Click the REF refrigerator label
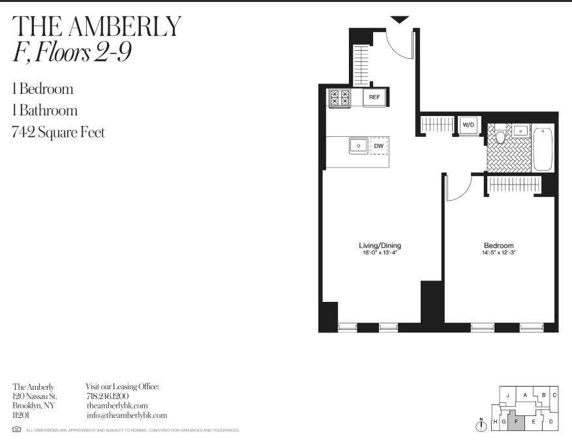click(x=374, y=98)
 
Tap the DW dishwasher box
click(x=378, y=146)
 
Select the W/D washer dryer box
click(x=468, y=124)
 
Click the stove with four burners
click(x=339, y=98)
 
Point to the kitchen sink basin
click(x=357, y=145)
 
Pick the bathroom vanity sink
click(x=520, y=130)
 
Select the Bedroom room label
click(x=499, y=246)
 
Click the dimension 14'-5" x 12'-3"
click(x=499, y=253)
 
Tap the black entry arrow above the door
click(x=400, y=20)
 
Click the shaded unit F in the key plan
click(x=516, y=421)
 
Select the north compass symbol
click(x=482, y=425)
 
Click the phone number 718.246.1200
click(x=108, y=396)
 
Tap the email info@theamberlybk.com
click(x=127, y=415)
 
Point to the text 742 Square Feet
click(x=58, y=132)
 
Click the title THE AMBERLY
click(x=97, y=26)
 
